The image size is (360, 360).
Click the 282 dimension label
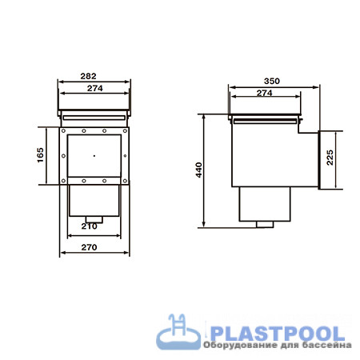coord(88,76)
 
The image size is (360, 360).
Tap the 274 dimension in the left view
coord(95,88)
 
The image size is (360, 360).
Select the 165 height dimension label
coord(40,155)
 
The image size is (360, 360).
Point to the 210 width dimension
coord(89,226)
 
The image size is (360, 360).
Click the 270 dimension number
coord(89,247)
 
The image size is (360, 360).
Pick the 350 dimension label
coord(272,81)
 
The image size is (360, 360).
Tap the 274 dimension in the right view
coord(265,93)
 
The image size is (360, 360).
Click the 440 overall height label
coord(199,170)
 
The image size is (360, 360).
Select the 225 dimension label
coord(330,158)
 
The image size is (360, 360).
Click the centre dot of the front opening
coord(94,156)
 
